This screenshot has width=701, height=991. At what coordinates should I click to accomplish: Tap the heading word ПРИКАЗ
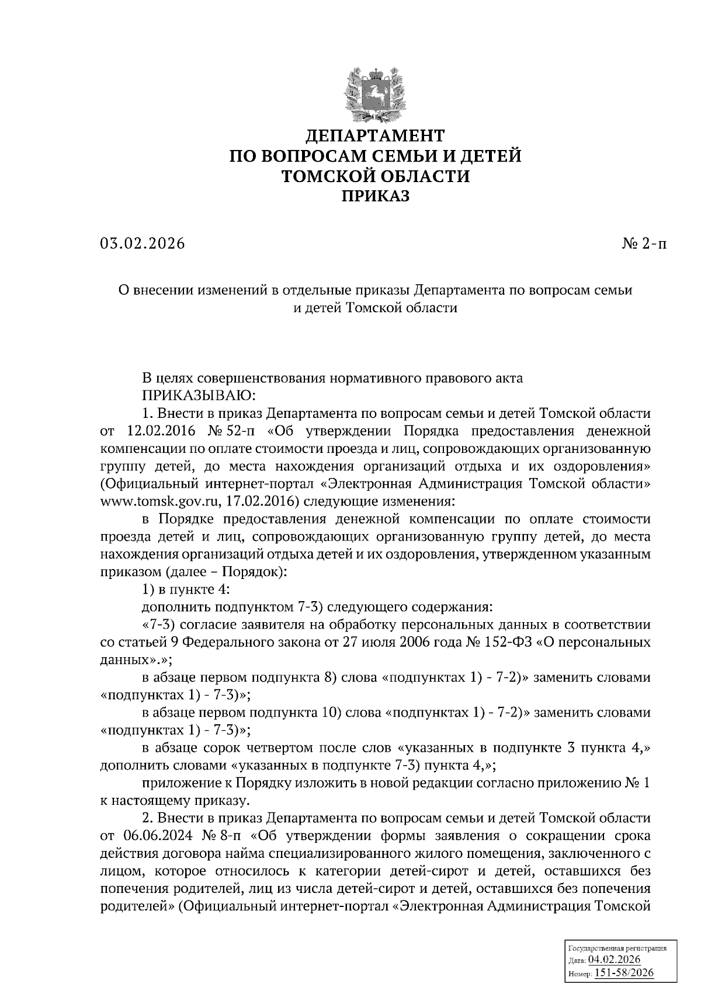point(376,196)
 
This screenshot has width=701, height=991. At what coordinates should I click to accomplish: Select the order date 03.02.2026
point(142,243)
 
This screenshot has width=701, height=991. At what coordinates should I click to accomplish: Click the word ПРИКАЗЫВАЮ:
point(199,396)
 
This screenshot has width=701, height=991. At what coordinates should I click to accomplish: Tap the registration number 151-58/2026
point(623,973)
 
